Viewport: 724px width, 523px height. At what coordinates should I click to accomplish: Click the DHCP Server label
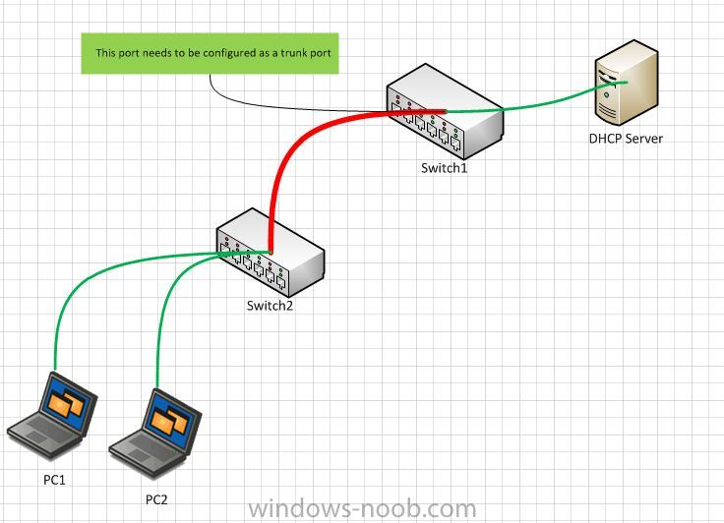(626, 139)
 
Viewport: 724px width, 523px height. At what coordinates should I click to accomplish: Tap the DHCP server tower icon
(627, 83)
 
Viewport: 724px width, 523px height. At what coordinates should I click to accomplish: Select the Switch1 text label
(444, 168)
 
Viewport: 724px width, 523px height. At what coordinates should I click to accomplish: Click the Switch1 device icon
(445, 112)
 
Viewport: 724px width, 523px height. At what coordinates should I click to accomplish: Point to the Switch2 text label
(270, 306)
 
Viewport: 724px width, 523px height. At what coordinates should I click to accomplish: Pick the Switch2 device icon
(271, 253)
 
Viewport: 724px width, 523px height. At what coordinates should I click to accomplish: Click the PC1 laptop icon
(52, 416)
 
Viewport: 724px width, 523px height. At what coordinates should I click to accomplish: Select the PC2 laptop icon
(155, 433)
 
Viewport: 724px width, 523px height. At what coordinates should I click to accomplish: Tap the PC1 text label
(54, 480)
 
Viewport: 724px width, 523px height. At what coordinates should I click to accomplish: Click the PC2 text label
(156, 499)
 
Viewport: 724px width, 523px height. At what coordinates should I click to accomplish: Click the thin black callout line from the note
(259, 106)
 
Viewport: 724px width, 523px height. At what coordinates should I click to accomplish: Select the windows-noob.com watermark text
(362, 508)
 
